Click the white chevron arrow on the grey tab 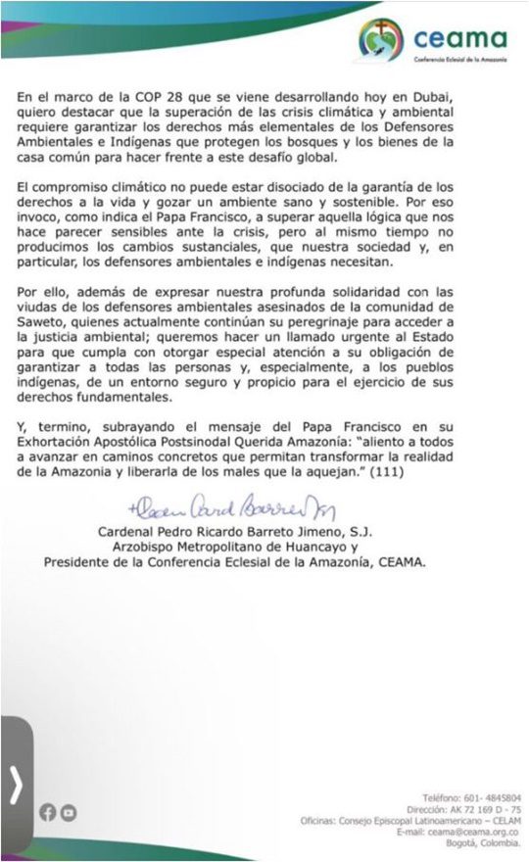tap(16, 784)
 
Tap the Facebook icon tap(47, 811)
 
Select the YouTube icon tap(68, 811)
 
